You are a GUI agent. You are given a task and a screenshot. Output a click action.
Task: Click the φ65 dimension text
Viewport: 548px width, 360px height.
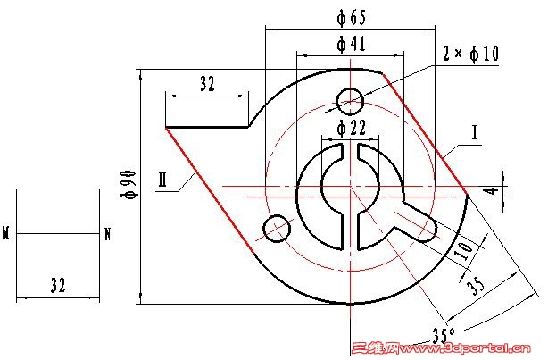(x=352, y=17)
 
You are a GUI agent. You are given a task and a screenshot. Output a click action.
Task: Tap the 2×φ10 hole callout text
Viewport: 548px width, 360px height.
(x=470, y=54)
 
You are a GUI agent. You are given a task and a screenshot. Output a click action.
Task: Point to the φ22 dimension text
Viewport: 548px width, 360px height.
(x=352, y=128)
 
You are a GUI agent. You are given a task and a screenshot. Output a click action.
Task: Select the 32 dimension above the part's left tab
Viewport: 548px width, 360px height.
(x=207, y=85)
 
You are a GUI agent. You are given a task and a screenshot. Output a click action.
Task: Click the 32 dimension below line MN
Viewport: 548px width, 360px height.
(x=58, y=286)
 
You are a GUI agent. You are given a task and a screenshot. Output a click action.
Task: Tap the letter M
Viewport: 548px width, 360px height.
(x=6, y=235)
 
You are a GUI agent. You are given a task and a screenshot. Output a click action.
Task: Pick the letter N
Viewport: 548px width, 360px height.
(x=108, y=235)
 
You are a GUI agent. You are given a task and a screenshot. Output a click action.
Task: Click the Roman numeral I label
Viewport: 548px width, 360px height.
(x=476, y=133)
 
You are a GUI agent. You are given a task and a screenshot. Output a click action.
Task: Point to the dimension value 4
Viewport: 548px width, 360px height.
(x=514, y=190)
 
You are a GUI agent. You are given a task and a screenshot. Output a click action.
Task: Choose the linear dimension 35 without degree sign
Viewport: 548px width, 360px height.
(x=478, y=285)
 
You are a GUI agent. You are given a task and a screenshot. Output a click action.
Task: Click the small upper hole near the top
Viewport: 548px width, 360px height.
(x=348, y=99)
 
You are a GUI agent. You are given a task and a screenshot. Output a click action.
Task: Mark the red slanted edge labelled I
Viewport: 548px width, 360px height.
(x=425, y=134)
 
